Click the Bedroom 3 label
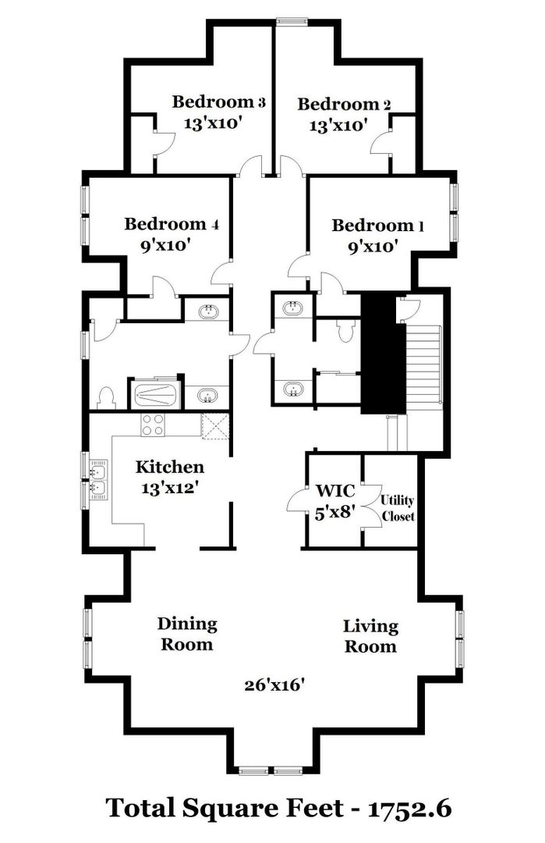coord(218,101)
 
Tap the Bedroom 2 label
coord(344,104)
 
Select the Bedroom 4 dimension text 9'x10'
coord(166,246)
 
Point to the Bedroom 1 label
coord(378,226)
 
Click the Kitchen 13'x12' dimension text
coord(171,488)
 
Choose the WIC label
coord(335,490)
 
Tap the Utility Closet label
coord(398,508)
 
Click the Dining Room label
coord(187,634)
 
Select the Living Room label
coord(370,636)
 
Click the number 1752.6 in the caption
coord(409,809)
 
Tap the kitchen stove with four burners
coord(153,425)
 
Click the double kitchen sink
coord(98,479)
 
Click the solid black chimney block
coord(382,354)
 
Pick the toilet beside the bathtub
coord(107,398)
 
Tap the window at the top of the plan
coord(291,22)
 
